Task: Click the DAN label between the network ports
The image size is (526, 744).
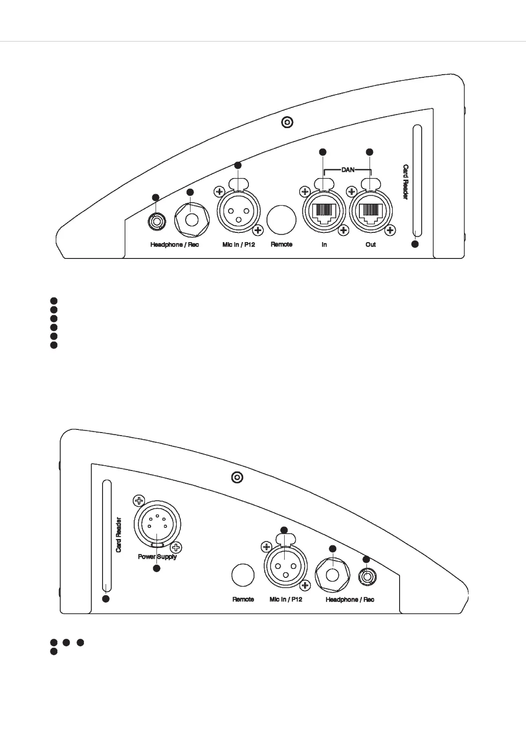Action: pyautogui.click(x=348, y=170)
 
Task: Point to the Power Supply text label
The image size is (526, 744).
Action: pyautogui.click(x=157, y=557)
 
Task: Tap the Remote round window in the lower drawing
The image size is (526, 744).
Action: pyautogui.click(x=243, y=575)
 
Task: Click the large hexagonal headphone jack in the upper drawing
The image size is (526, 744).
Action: pyautogui.click(x=191, y=220)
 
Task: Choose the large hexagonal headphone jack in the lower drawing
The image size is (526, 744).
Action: pyautogui.click(x=333, y=576)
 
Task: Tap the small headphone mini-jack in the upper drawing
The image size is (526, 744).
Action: pyautogui.click(x=156, y=220)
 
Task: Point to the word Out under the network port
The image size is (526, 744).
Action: pyautogui.click(x=370, y=245)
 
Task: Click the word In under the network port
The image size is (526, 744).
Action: pyautogui.click(x=324, y=245)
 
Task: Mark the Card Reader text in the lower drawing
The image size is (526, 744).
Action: pyautogui.click(x=118, y=535)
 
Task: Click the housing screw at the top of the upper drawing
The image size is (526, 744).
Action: pyautogui.click(x=288, y=122)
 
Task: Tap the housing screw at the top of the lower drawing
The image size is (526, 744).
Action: pyautogui.click(x=238, y=478)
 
